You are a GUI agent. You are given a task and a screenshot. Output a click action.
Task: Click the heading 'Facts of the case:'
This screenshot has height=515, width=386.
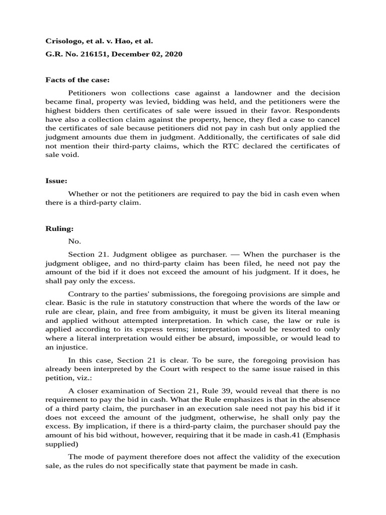coord(77,79)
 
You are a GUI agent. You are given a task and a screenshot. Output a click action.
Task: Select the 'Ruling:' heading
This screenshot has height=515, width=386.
coord(60,228)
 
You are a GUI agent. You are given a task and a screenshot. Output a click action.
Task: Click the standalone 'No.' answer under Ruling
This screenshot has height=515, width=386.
coord(74,241)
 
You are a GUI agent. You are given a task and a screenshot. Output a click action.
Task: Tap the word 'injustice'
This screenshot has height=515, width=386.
coord(73,347)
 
